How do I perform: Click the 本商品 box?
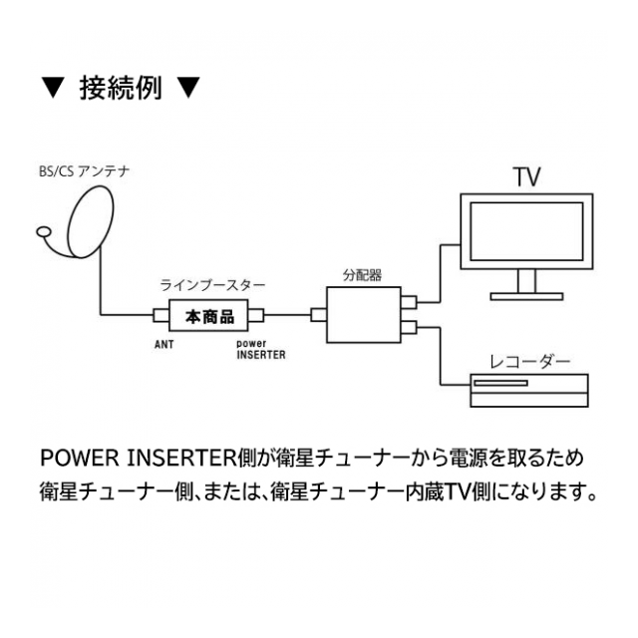[x=209, y=317]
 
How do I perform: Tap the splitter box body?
[x=363, y=315]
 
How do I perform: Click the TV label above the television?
[x=526, y=177]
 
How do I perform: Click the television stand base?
[x=525, y=294]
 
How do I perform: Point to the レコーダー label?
[x=529, y=361]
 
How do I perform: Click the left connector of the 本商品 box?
[x=160, y=317]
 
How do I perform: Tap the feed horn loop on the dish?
[x=43, y=235]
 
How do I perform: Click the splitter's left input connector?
[x=318, y=316]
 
